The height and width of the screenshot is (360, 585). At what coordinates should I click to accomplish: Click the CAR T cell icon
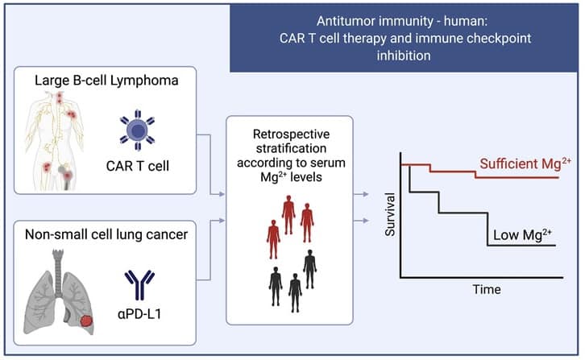[137, 130]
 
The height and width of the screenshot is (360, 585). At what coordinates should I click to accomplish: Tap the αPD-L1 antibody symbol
[139, 285]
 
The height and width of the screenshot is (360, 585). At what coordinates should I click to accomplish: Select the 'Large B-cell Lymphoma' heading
[106, 81]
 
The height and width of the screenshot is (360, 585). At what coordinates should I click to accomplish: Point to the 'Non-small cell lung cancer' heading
[106, 234]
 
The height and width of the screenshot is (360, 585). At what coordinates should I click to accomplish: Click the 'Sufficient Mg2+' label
[525, 163]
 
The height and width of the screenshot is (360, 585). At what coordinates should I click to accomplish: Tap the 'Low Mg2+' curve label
[522, 235]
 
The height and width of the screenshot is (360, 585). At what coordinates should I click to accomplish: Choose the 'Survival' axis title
[390, 214]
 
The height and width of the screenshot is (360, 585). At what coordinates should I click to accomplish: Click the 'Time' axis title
[487, 289]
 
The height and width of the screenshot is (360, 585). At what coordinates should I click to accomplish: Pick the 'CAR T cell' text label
[137, 166]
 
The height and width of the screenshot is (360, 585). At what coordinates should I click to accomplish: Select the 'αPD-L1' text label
[139, 314]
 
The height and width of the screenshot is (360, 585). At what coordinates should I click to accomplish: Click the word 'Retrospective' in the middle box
[291, 134]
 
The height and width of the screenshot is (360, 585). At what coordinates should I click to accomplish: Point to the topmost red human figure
[288, 215]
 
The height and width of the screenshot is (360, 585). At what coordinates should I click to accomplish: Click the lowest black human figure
[295, 293]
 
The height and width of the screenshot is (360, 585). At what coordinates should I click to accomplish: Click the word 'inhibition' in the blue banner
[404, 56]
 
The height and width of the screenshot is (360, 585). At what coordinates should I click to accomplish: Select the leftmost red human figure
[273, 239]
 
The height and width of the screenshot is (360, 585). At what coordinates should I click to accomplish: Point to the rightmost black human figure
[309, 269]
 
